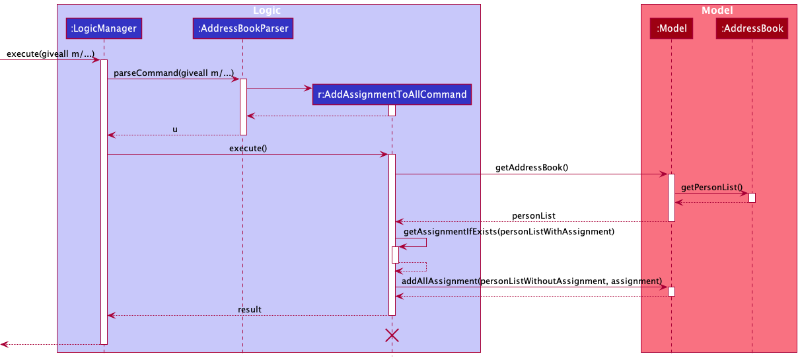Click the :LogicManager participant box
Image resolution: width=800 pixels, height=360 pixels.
click(104, 28)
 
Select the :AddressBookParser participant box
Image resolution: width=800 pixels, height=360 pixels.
click(242, 28)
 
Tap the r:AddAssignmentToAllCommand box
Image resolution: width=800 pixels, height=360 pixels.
click(392, 94)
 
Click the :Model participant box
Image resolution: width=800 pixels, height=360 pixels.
click(671, 28)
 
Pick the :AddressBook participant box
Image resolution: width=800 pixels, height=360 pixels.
click(752, 28)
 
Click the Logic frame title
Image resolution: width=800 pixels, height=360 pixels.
click(267, 10)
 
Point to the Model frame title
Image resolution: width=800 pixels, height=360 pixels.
click(717, 10)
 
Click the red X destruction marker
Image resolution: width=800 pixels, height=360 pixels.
click(392, 336)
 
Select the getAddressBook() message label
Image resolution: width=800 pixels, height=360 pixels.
click(532, 168)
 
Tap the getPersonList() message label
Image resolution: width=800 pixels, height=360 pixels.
click(711, 188)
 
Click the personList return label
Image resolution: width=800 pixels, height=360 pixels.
click(533, 216)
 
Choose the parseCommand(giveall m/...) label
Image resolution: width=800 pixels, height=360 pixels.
click(173, 73)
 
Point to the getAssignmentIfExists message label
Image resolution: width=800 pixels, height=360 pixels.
click(509, 231)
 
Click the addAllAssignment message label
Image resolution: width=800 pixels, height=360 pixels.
click(532, 281)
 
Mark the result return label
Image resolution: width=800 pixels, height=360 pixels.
click(250, 309)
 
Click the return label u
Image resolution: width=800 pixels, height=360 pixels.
click(175, 129)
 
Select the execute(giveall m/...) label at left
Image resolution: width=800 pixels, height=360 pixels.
click(50, 54)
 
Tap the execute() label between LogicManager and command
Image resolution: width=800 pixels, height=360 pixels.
click(248, 149)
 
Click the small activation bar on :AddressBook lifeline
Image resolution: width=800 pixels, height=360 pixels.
click(752, 198)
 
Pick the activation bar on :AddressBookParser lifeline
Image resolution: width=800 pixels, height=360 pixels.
click(242, 107)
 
